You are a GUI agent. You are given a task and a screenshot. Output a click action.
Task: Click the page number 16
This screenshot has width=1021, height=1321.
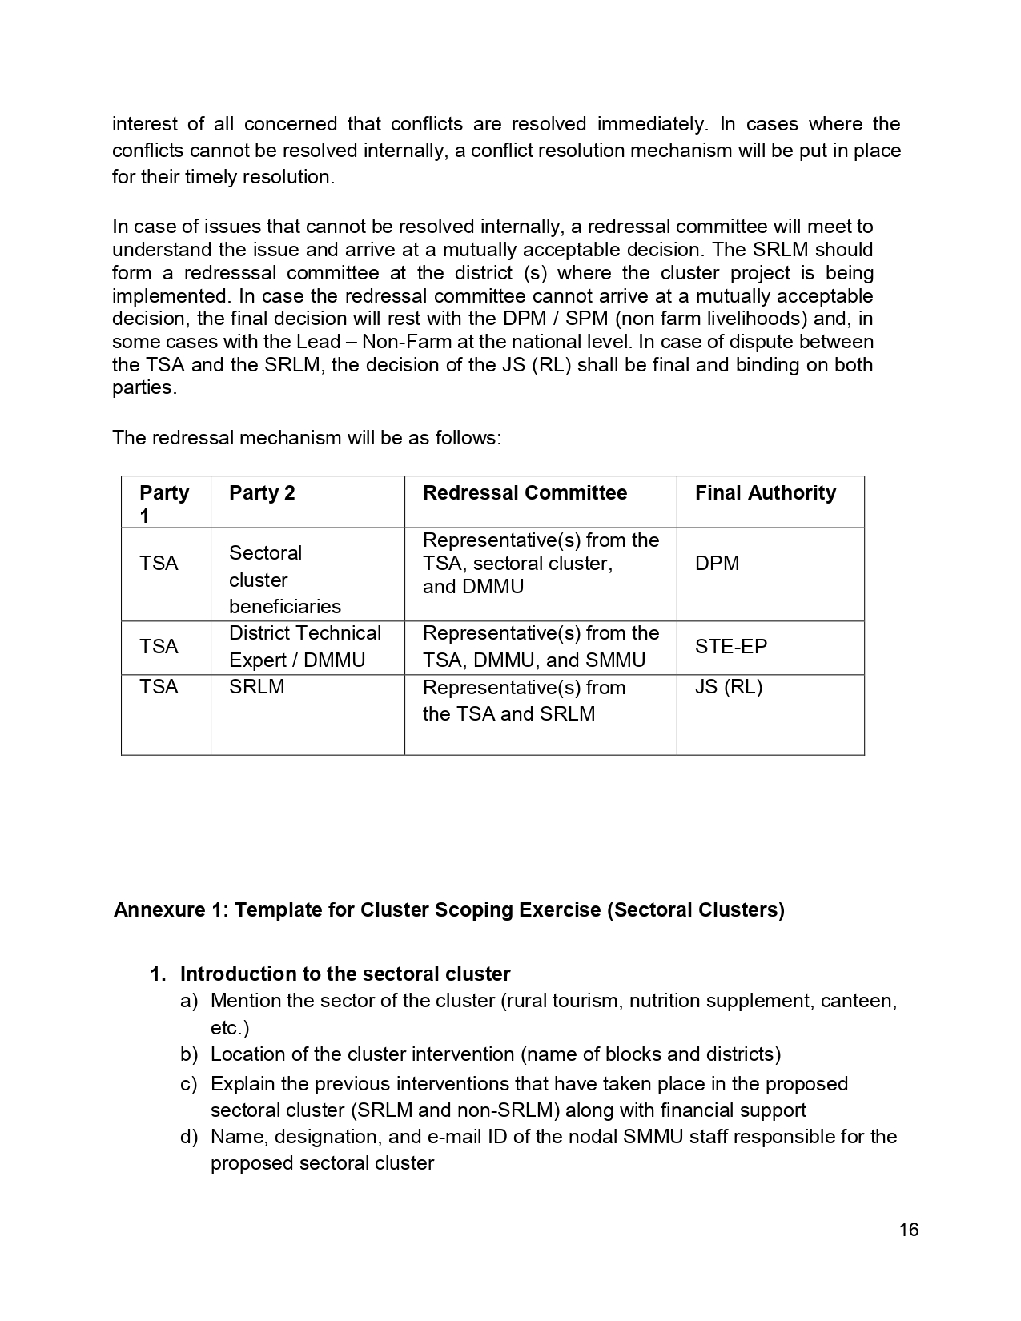pos(908,1230)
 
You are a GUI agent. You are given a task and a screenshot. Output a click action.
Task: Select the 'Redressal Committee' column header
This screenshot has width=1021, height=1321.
pos(525,493)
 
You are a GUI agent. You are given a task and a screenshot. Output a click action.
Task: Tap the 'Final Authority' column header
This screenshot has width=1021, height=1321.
pos(765,493)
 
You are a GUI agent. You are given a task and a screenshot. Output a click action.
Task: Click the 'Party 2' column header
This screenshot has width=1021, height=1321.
pos(262,493)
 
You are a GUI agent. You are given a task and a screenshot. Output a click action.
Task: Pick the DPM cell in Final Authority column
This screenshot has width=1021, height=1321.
pos(717,564)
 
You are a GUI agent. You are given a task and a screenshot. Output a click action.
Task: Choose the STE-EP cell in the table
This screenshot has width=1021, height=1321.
pos(730,647)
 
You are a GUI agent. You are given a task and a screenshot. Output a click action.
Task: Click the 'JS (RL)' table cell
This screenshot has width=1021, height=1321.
pos(728,687)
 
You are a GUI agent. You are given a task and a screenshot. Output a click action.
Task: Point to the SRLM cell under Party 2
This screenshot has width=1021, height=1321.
pos(256,687)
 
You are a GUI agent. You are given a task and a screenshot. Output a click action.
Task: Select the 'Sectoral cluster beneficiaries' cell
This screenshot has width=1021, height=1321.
pos(284,580)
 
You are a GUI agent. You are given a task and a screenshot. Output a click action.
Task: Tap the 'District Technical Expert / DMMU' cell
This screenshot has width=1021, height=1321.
pos(304,647)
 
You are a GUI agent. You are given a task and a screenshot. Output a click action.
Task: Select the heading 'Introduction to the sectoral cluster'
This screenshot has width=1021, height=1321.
pos(344,974)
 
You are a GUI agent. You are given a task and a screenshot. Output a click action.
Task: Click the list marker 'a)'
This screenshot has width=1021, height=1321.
pos(189,1002)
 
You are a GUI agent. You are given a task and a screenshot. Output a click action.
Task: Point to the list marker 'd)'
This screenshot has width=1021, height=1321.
pos(189,1138)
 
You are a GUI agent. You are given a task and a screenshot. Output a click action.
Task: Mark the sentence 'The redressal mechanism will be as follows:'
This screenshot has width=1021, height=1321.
pos(307,438)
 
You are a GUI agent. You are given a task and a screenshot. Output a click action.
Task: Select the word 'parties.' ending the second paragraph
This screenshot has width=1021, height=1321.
pos(144,388)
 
